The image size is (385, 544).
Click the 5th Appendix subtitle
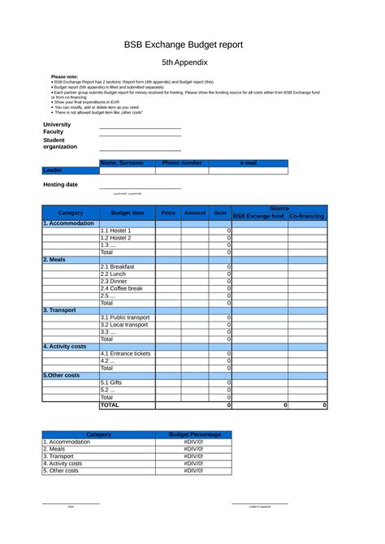184,62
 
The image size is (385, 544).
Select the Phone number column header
182,163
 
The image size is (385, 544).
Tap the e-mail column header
248,163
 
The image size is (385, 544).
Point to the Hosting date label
60,184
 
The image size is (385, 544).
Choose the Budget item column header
127,213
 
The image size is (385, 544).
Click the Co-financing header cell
306,216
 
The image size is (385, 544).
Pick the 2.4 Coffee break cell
122,288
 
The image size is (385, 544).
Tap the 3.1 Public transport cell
125,317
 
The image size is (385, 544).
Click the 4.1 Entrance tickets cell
126,353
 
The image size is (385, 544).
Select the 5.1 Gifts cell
111,382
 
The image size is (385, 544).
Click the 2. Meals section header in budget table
54,259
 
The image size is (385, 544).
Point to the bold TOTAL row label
110,404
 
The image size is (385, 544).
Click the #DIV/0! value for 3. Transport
192,456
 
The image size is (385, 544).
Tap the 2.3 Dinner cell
114,281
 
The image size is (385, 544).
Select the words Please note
64,76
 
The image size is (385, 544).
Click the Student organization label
60,143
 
